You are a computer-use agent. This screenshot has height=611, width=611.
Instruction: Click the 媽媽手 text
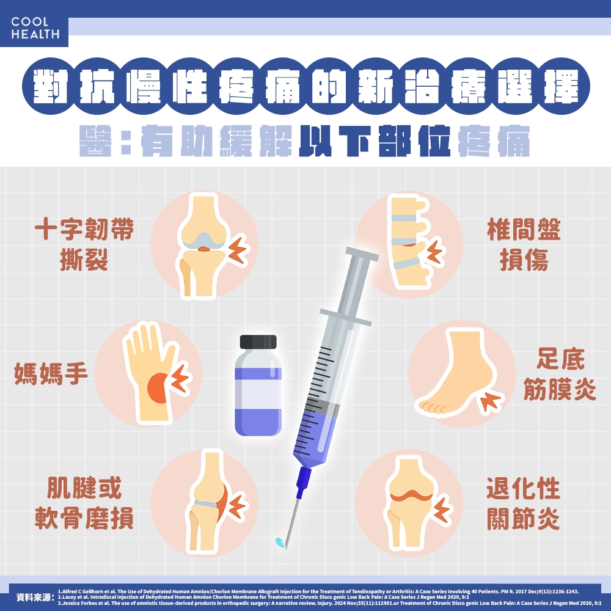[51, 373]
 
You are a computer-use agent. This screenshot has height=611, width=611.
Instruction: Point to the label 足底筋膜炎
[560, 374]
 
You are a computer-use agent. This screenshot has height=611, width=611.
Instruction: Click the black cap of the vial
[258, 342]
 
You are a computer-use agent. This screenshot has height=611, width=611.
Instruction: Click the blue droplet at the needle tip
[280, 541]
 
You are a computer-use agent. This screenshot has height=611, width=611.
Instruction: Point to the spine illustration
[408, 244]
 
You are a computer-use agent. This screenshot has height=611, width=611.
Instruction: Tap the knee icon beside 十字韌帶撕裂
[203, 245]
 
